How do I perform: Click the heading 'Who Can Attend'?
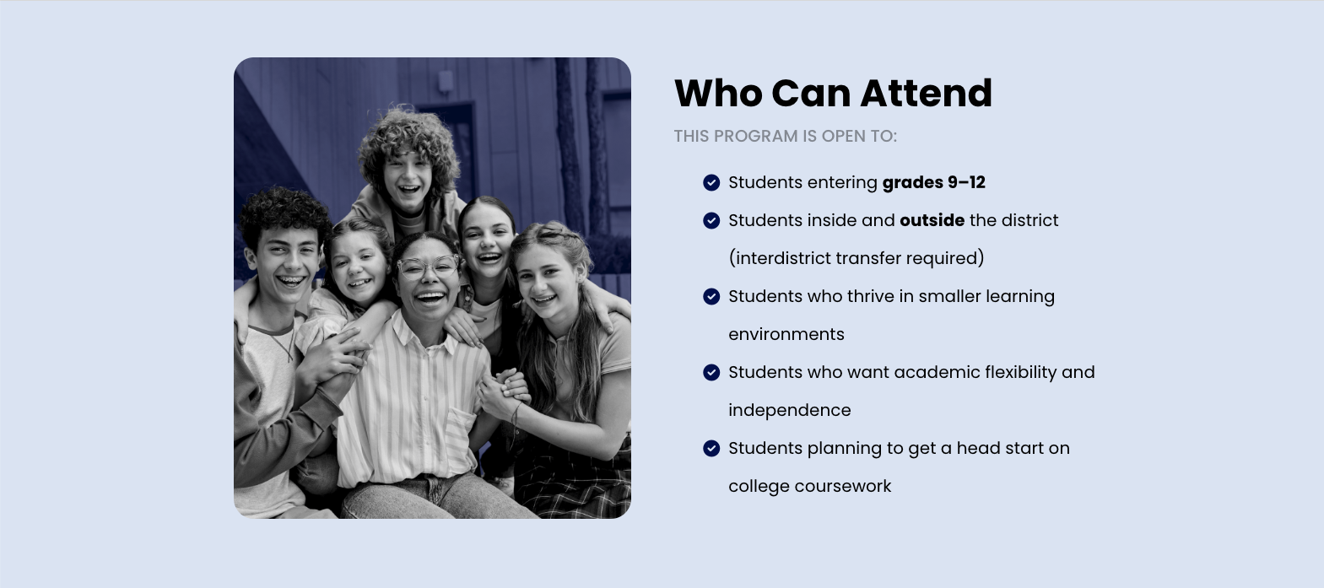[x=833, y=93]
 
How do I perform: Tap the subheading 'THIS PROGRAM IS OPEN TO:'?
[x=786, y=136]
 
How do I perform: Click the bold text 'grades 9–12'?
[x=934, y=182]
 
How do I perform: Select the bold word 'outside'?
[x=932, y=220]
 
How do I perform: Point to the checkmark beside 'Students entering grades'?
[x=711, y=182]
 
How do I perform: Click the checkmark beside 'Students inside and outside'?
[x=711, y=220]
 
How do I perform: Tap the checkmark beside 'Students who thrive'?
[x=711, y=297]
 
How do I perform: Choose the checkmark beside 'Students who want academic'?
[x=711, y=372]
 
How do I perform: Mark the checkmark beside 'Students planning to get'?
[x=711, y=449]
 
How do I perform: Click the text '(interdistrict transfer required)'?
[x=857, y=258]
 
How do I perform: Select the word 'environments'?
[x=786, y=334]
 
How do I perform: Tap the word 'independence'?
[x=790, y=410]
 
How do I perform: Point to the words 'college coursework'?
[x=810, y=487]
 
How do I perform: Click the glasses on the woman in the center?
[x=427, y=267]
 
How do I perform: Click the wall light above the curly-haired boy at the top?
[x=446, y=82]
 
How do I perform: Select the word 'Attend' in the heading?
[x=927, y=93]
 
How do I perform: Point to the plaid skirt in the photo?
[x=571, y=477]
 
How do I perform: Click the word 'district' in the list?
[x=1029, y=220]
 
